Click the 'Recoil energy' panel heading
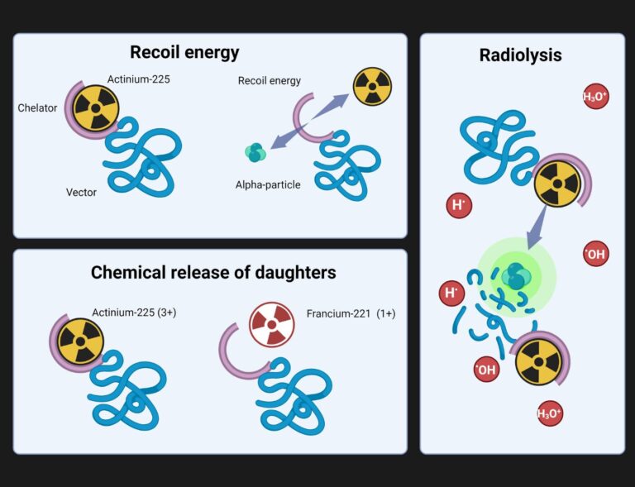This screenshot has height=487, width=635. [184, 53]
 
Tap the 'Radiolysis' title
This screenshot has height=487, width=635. [521, 55]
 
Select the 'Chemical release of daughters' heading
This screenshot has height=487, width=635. [213, 272]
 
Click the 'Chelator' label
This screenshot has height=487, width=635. [37, 107]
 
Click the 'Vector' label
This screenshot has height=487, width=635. [82, 193]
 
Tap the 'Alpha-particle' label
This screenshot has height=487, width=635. [268, 184]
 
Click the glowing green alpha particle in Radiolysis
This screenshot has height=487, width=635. [515, 277]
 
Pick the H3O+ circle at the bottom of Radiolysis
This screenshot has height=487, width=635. [550, 413]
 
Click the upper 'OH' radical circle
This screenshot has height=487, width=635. [595, 255]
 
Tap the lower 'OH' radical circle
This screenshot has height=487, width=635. [486, 370]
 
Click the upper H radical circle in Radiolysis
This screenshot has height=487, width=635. [458, 205]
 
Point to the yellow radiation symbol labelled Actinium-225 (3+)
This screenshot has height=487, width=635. [81, 341]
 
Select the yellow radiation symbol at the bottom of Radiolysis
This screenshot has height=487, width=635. [538, 362]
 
